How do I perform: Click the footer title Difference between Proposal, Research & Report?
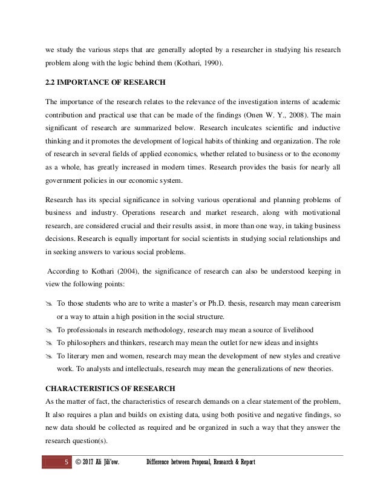(201, 463)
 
